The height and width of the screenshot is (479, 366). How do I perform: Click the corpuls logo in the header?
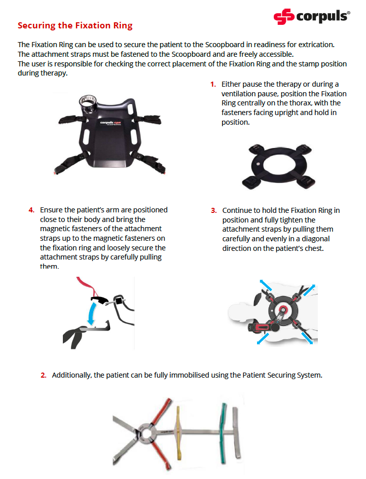(312, 16)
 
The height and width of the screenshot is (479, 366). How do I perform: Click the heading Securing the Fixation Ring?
(75, 25)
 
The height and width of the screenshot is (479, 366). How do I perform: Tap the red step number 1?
(213, 84)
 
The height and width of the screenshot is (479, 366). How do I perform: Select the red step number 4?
(31, 210)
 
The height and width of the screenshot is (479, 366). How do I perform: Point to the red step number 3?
(213, 210)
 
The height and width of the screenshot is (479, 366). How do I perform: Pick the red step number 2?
(44, 375)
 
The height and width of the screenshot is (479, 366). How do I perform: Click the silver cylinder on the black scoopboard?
(88, 104)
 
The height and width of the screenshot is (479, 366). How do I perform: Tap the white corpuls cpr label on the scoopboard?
(111, 123)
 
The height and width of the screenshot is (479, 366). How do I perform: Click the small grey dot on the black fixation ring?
(258, 164)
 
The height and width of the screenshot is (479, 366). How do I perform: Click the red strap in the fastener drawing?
(86, 286)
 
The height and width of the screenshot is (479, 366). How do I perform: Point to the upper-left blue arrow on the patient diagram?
(265, 285)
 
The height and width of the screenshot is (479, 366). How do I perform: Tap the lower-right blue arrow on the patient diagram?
(307, 338)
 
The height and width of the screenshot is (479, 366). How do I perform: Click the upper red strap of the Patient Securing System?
(161, 412)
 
